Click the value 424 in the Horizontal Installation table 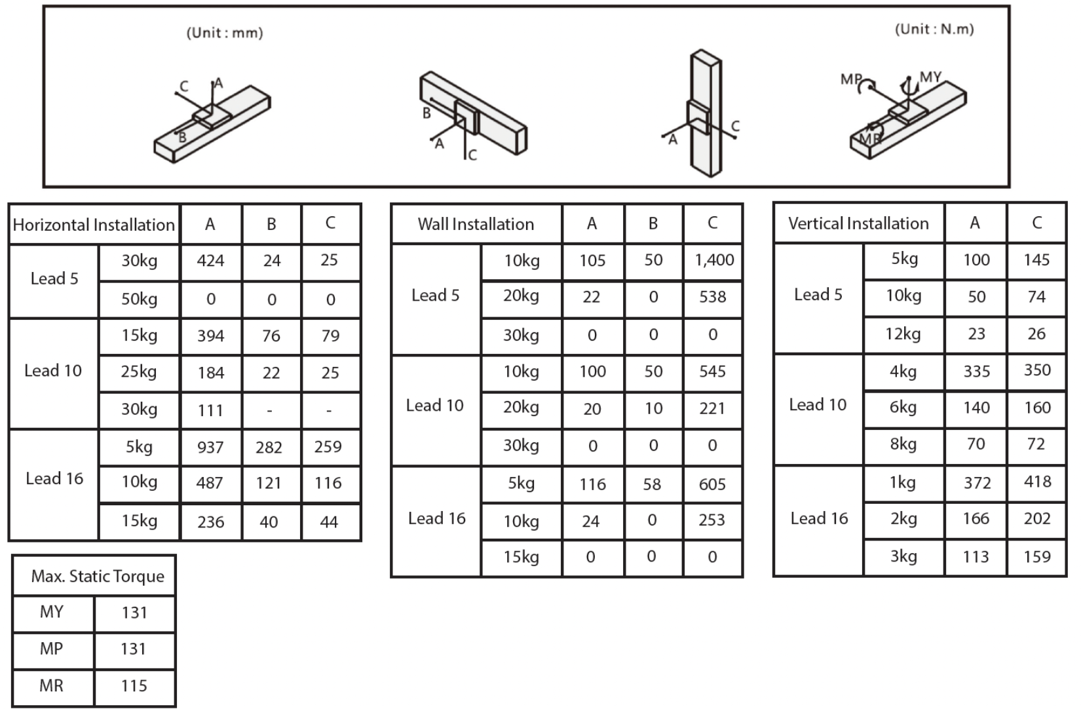tap(210, 261)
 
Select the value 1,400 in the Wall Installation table tap(713, 260)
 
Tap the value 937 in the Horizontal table tap(210, 448)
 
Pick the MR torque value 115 tap(134, 686)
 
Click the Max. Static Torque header tap(98, 577)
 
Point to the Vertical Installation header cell tap(858, 223)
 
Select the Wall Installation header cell tap(476, 224)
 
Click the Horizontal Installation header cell tap(94, 225)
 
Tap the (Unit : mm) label tap(225, 33)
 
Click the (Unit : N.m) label tap(934, 29)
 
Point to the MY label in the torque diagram tap(930, 77)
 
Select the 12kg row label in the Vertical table tap(903, 334)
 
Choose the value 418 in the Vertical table tap(1037, 482)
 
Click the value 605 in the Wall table tap(712, 484)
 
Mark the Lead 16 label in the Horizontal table tap(54, 479)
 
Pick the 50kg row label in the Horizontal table tap(139, 299)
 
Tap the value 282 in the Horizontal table tap(269, 448)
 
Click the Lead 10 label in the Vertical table tap(818, 405)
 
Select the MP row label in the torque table tap(51, 649)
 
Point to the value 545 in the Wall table tap(712, 372)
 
